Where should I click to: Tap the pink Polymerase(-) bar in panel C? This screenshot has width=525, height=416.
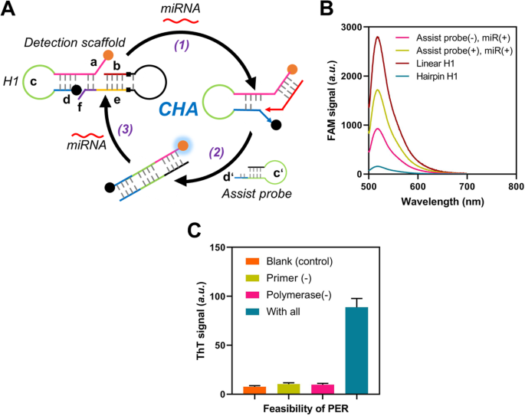(320, 389)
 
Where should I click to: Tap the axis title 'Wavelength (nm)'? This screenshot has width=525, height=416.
(442, 202)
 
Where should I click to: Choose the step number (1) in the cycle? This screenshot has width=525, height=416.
(181, 44)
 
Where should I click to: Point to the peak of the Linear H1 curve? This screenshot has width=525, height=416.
(378, 36)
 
